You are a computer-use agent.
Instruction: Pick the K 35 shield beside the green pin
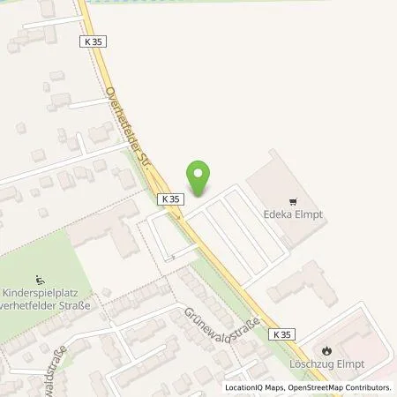click(x=171, y=200)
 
